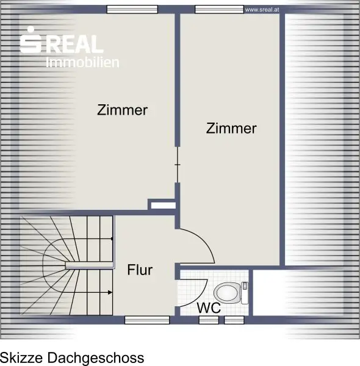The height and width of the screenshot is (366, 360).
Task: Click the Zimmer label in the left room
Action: click(x=122, y=110)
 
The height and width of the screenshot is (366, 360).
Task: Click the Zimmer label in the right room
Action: click(x=231, y=128)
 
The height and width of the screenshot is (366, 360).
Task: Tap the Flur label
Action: click(x=140, y=270)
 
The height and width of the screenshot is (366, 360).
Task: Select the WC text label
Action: click(x=209, y=307)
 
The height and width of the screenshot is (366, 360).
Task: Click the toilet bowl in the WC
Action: click(x=227, y=293)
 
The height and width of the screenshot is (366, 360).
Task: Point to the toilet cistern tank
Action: click(x=245, y=293)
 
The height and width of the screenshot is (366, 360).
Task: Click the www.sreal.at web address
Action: click(x=262, y=10)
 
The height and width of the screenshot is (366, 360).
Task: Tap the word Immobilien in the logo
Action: click(x=82, y=62)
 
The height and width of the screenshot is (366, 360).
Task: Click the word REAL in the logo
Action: click(x=74, y=44)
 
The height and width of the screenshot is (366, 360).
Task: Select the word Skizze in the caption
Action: click(x=21, y=358)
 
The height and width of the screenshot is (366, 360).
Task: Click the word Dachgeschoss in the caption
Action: click(x=96, y=358)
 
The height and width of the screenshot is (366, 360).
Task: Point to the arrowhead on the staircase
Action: click(x=110, y=292)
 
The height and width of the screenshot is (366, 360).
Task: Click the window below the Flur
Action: click(x=147, y=320)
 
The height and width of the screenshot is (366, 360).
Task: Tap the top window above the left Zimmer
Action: click(x=132, y=9)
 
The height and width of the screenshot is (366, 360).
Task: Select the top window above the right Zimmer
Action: click(x=219, y=9)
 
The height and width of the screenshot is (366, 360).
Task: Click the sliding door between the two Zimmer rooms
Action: click(x=178, y=165)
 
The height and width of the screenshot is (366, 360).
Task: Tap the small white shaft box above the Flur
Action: click(x=164, y=206)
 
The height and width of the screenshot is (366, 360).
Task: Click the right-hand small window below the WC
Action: click(x=234, y=320)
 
